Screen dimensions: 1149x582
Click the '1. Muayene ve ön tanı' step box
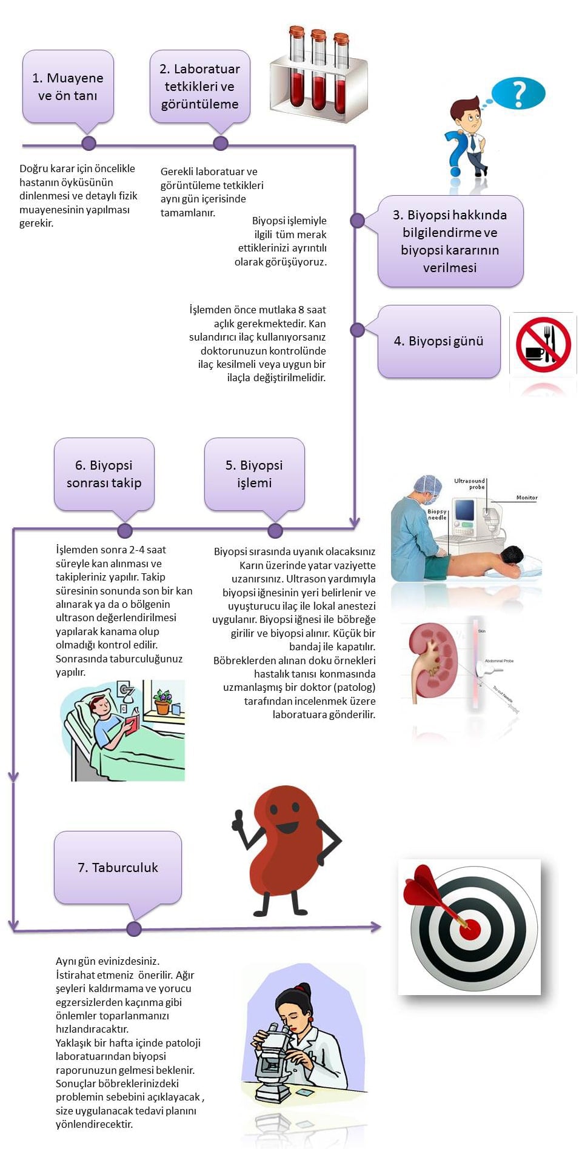click(68, 87)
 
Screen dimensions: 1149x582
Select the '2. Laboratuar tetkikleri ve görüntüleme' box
click(199, 87)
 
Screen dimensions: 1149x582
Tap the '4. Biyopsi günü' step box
click(439, 341)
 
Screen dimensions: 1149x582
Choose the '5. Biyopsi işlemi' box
click(254, 474)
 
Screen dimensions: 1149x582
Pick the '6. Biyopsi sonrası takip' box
click(104, 474)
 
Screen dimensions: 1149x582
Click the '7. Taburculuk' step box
click(118, 867)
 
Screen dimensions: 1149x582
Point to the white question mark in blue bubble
click(518, 94)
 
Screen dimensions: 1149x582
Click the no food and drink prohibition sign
click(543, 344)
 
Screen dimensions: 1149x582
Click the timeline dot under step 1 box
click(89, 144)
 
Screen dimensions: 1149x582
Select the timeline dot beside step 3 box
click(357, 219)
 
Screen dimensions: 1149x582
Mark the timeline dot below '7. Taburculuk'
click(134, 928)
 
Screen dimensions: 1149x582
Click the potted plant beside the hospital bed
click(162, 702)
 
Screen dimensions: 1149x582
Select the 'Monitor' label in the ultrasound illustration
click(526, 498)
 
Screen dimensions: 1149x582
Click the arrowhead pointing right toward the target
click(375, 927)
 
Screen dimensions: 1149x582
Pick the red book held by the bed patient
click(132, 724)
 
